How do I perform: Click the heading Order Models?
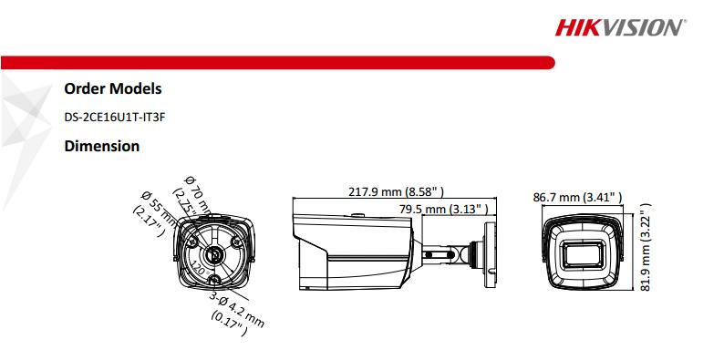[112, 89]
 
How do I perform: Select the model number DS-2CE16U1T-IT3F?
[117, 117]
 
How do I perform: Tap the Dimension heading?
[101, 146]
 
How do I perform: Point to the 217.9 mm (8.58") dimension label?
[397, 193]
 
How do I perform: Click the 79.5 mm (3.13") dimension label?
[445, 209]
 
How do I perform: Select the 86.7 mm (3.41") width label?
[577, 196]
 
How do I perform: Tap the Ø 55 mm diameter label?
[151, 210]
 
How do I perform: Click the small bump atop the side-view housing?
[357, 215]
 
